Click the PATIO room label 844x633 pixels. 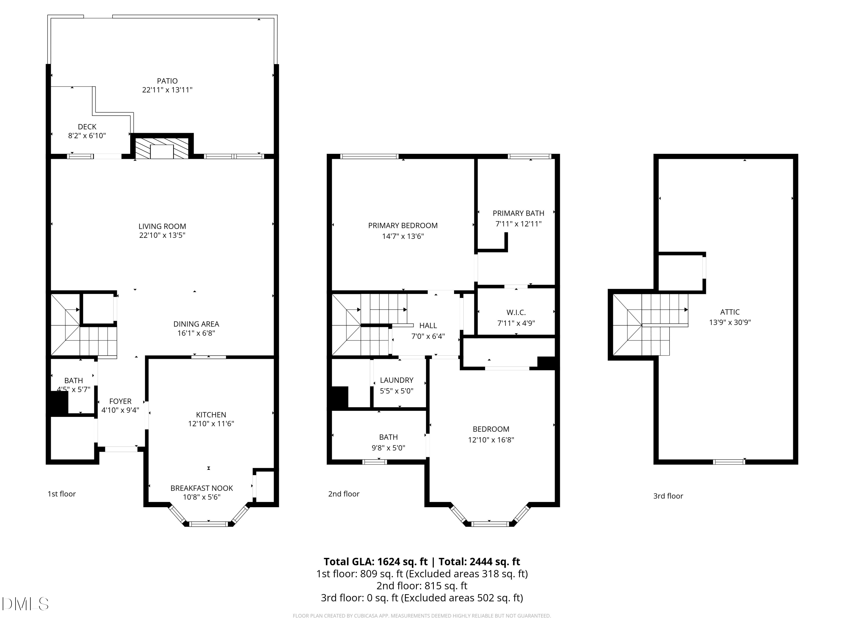click(167, 81)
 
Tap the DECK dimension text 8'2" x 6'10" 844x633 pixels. click(87, 136)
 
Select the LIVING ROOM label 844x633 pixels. click(162, 226)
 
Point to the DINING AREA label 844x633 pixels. click(196, 324)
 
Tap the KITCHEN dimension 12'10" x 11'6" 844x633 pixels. click(211, 423)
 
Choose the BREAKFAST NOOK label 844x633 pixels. click(201, 488)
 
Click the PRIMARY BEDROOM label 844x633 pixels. click(403, 226)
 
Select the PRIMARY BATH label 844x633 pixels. click(518, 213)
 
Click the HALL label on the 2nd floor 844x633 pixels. click(428, 326)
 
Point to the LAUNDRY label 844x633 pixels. click(396, 380)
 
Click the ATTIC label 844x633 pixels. click(729, 312)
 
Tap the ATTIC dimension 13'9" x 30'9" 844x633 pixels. click(729, 322)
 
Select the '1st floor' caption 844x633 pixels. click(61, 494)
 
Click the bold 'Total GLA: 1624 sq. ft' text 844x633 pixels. click(376, 562)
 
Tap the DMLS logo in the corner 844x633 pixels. click(25, 604)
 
